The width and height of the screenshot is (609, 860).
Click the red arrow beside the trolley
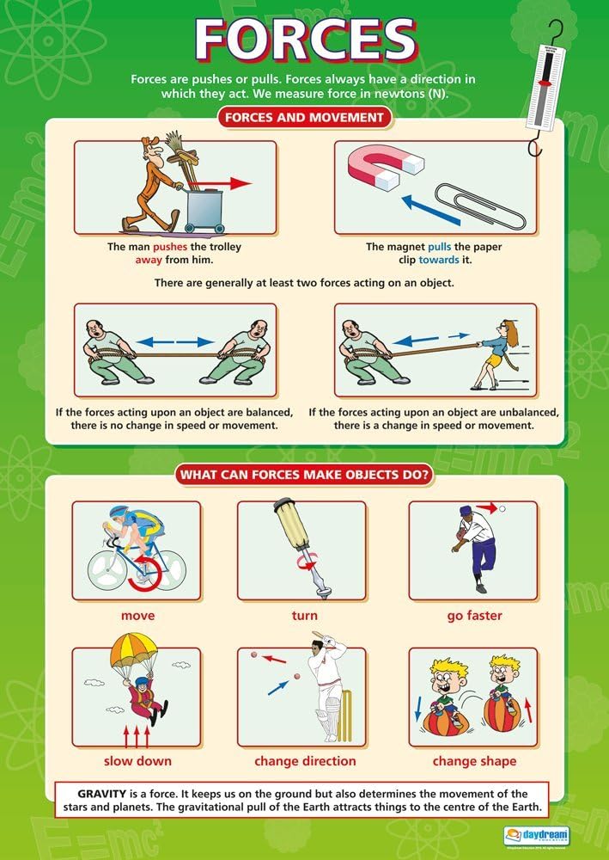230,183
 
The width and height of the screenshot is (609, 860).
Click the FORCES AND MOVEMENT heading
305,117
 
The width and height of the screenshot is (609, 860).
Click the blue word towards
439,260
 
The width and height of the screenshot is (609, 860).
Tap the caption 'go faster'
474,616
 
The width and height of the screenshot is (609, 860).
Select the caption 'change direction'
305,761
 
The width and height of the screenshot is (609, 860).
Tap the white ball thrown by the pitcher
502,509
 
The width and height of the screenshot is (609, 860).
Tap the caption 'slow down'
137,761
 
